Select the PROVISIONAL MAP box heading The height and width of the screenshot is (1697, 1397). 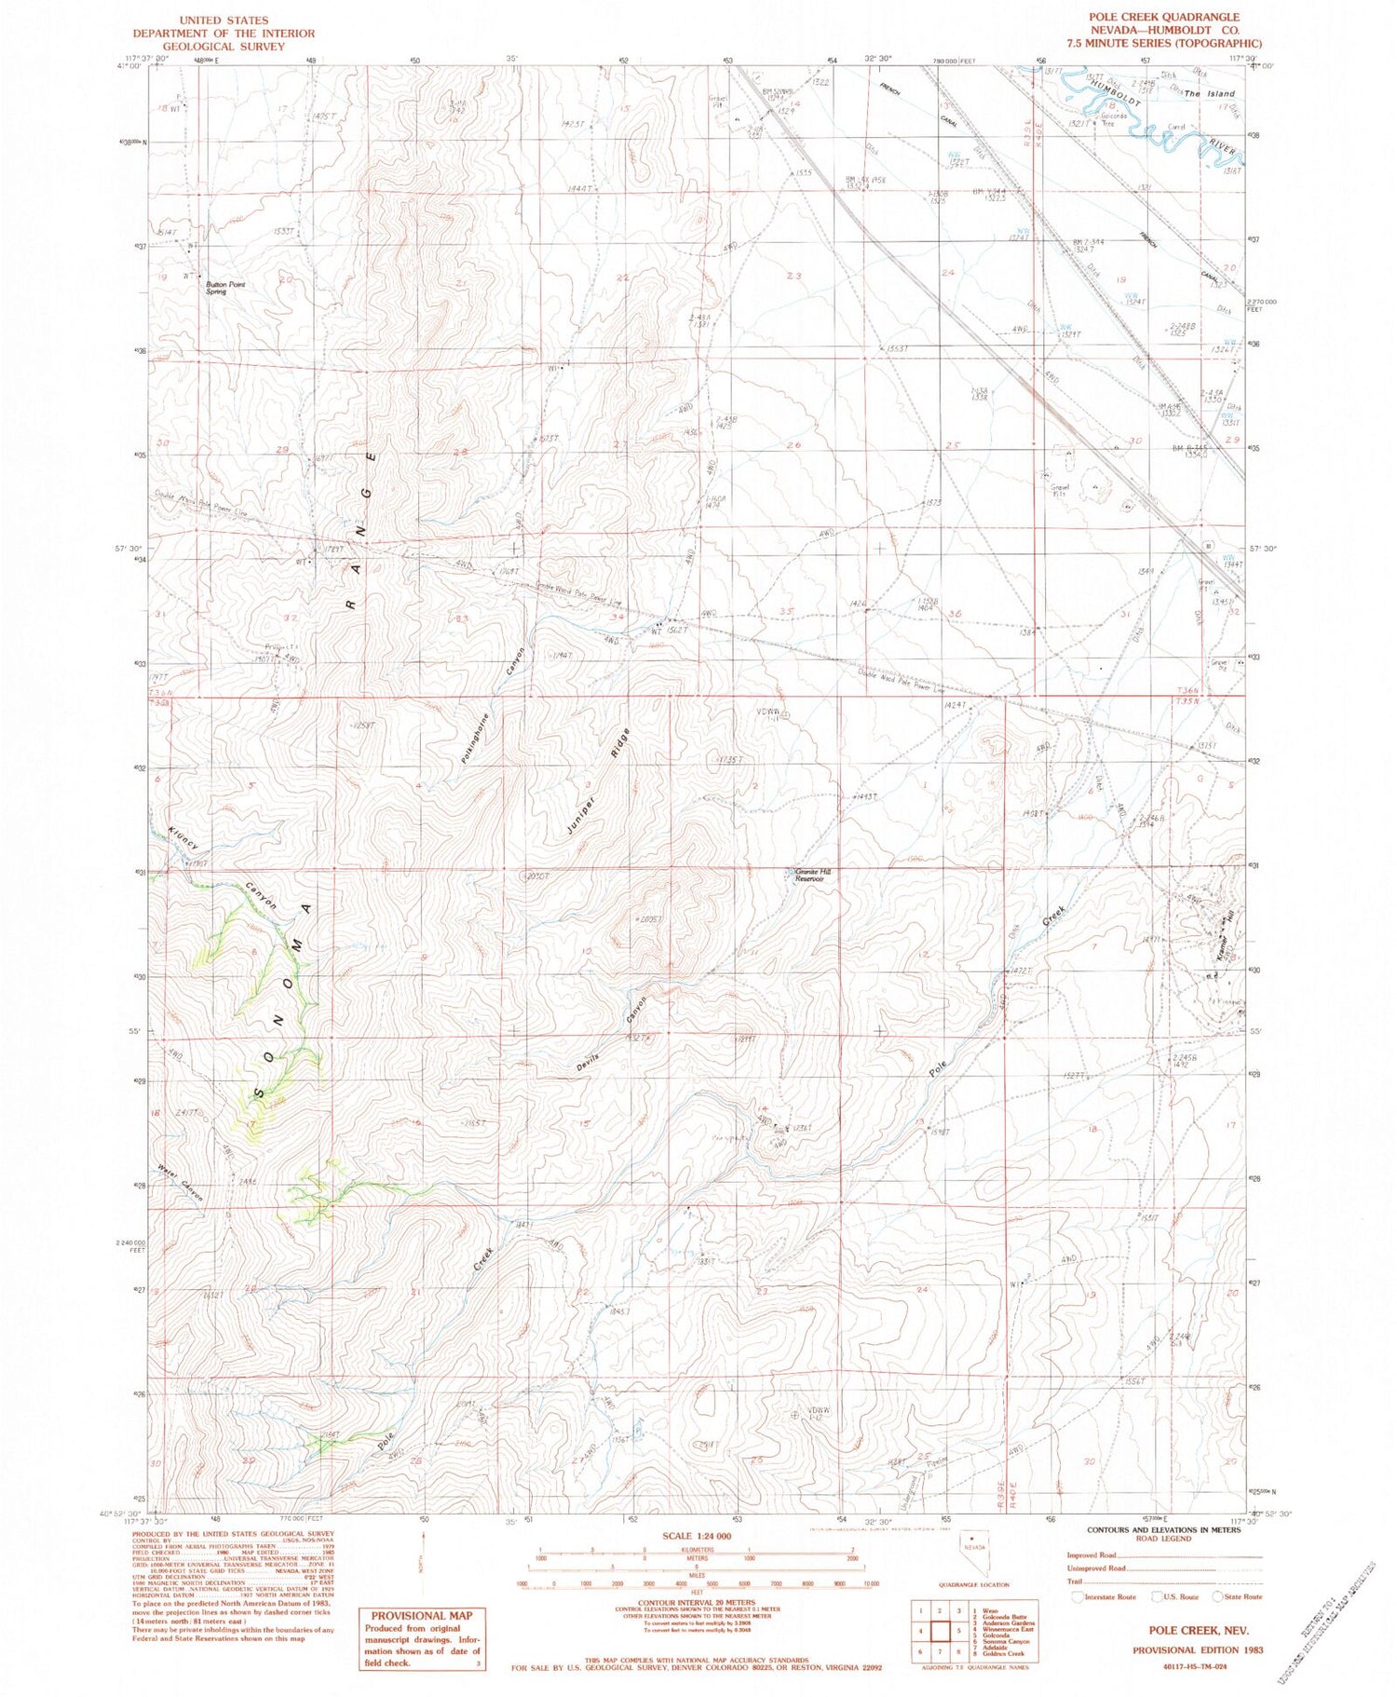point(422,1616)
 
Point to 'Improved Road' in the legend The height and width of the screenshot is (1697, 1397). point(1091,1554)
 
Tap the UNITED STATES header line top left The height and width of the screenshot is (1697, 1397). point(224,20)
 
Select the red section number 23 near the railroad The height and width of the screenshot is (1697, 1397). point(793,276)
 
